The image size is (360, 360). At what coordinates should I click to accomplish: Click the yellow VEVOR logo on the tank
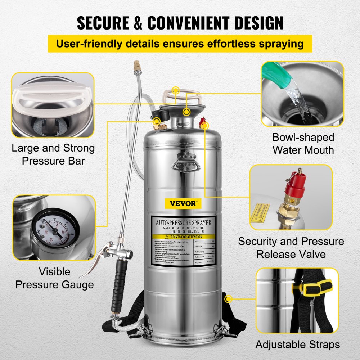click(x=186, y=204)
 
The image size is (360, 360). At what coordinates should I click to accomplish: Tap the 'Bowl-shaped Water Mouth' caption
click(x=303, y=143)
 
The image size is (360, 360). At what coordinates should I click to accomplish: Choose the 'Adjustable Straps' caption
click(x=297, y=344)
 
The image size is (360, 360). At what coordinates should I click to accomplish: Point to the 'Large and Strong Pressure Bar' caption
click(x=53, y=154)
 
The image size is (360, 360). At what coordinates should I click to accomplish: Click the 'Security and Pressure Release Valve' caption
click(x=291, y=248)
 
